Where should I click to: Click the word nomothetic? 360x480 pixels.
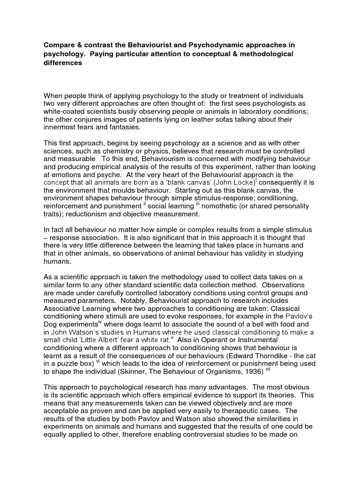220,206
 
